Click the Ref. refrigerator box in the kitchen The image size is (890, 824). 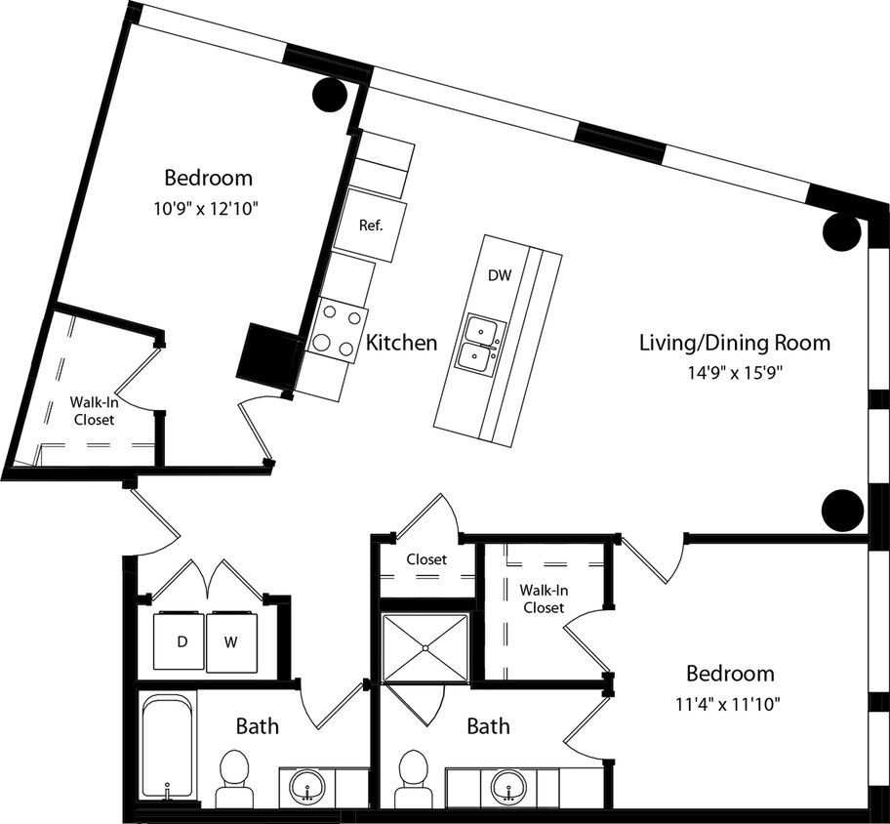371,226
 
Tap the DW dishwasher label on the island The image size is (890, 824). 499,276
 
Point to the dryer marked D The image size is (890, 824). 182,642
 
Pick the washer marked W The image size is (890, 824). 231,642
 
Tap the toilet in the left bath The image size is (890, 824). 234,777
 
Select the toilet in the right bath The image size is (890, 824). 415,777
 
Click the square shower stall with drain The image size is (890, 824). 426,647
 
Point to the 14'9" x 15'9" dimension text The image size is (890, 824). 734,371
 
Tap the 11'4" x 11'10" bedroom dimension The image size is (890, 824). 730,702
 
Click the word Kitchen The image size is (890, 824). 401,343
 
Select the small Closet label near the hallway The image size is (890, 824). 426,559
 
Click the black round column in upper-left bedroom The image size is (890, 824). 330,95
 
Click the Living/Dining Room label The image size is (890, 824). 734,343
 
